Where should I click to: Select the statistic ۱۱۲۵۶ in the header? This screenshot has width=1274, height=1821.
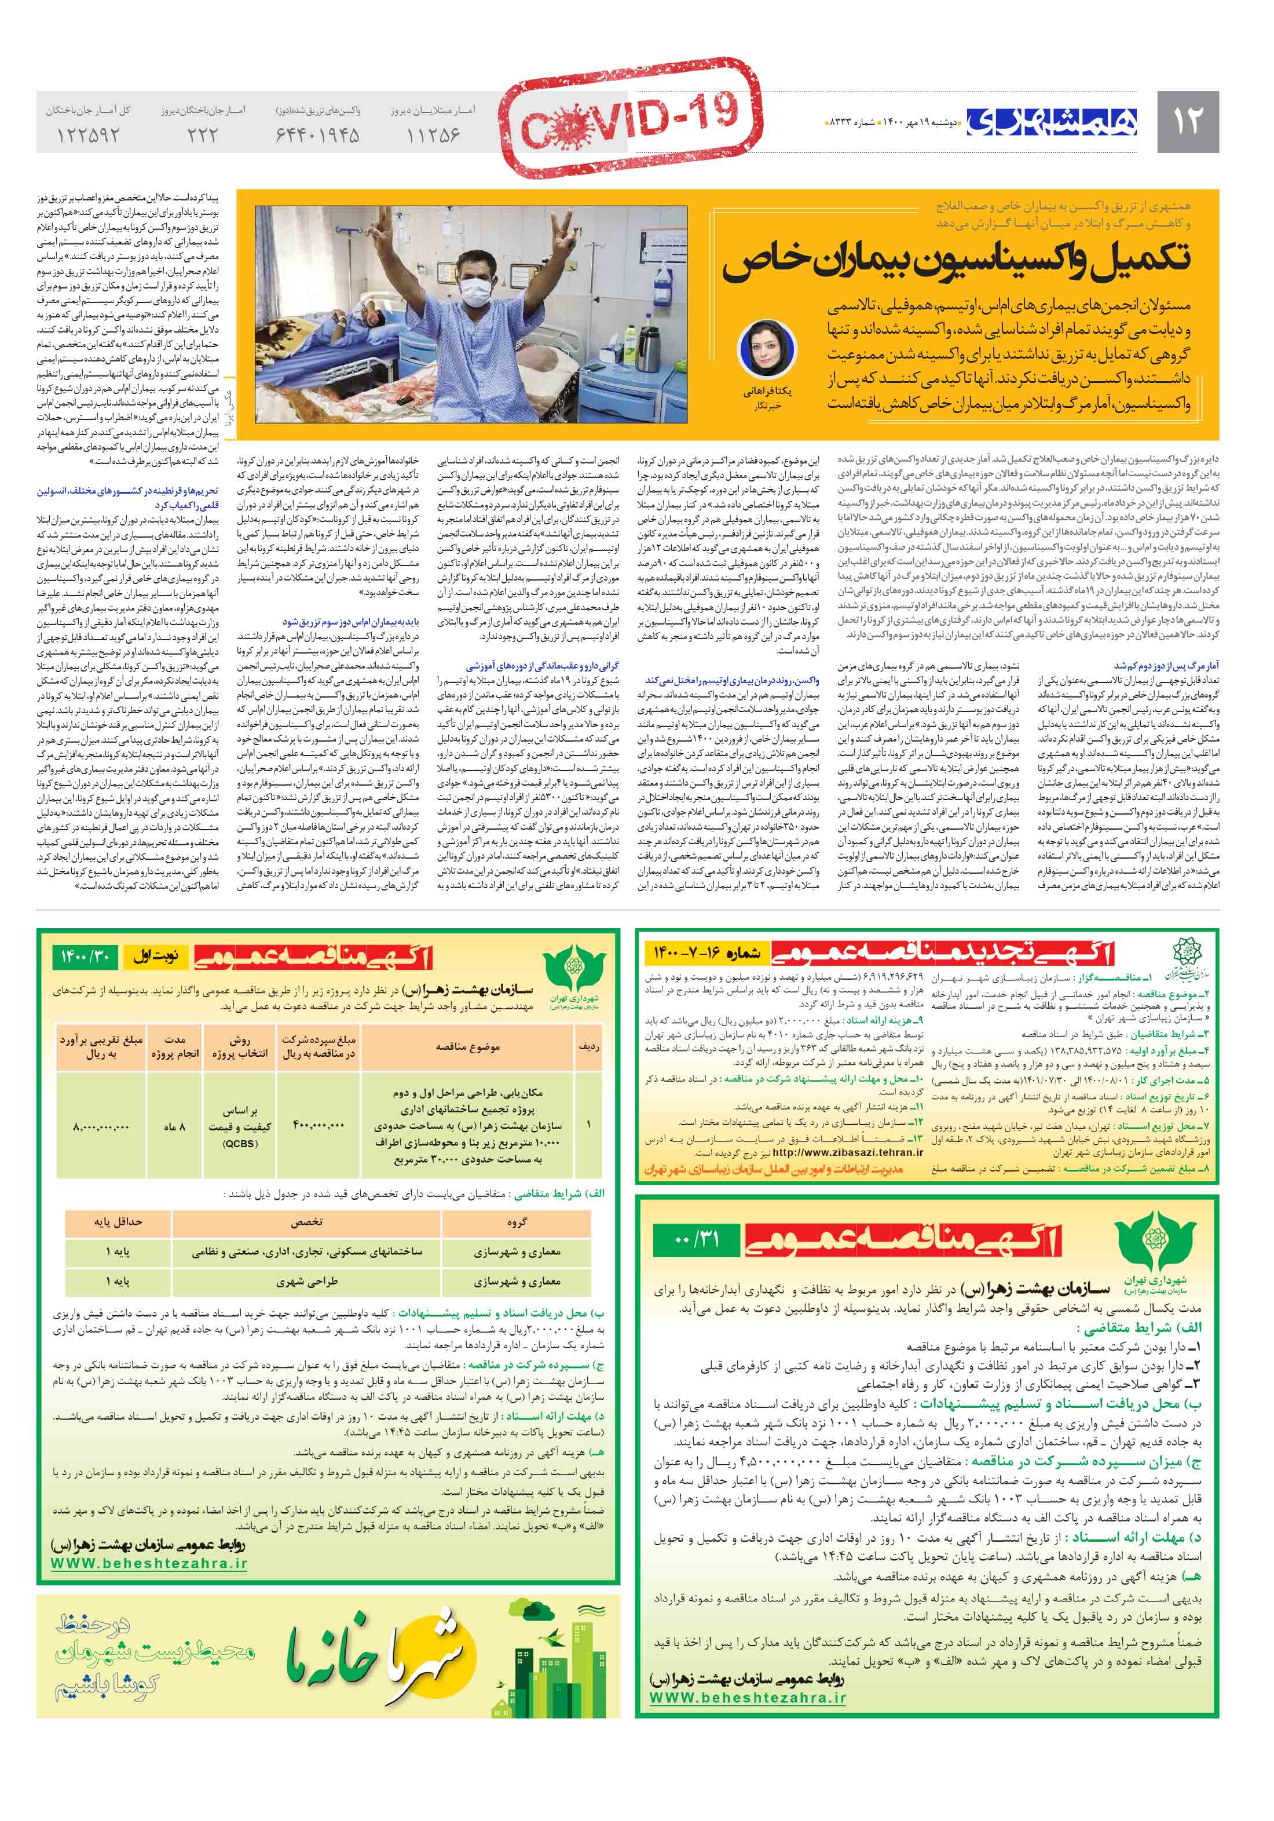tap(433, 135)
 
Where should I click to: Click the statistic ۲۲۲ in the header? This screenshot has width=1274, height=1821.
tap(202, 135)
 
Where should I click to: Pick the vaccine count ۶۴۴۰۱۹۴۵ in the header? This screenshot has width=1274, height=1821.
tap(317, 135)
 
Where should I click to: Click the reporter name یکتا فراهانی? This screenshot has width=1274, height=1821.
tap(767, 392)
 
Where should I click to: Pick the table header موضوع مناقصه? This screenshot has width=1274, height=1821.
tap(468, 1047)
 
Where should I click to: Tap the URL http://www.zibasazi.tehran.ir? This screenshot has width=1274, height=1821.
tap(847, 1152)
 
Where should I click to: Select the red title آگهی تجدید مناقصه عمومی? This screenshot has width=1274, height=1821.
tap(943, 953)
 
